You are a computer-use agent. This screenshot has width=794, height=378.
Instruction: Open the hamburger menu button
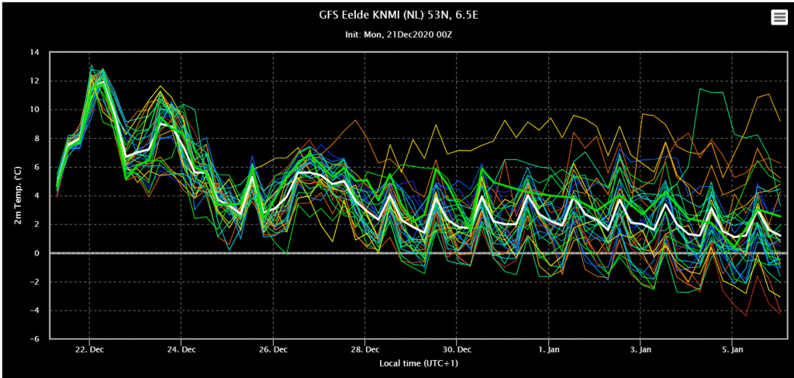778,18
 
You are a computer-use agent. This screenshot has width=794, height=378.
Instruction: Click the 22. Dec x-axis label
90,349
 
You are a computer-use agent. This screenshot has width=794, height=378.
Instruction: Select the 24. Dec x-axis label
181,349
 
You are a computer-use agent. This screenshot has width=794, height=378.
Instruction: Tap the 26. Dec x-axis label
273,349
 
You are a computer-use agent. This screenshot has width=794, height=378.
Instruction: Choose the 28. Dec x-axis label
364,349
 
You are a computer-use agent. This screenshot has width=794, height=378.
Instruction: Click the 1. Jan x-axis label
548,349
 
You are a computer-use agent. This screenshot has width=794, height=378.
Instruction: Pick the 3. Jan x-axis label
640,349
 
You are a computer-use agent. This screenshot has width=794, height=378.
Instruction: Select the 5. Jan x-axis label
732,349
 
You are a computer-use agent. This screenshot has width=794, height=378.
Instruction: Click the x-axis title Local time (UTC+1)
419,363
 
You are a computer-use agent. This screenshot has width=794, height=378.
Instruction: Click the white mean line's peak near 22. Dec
103,82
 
